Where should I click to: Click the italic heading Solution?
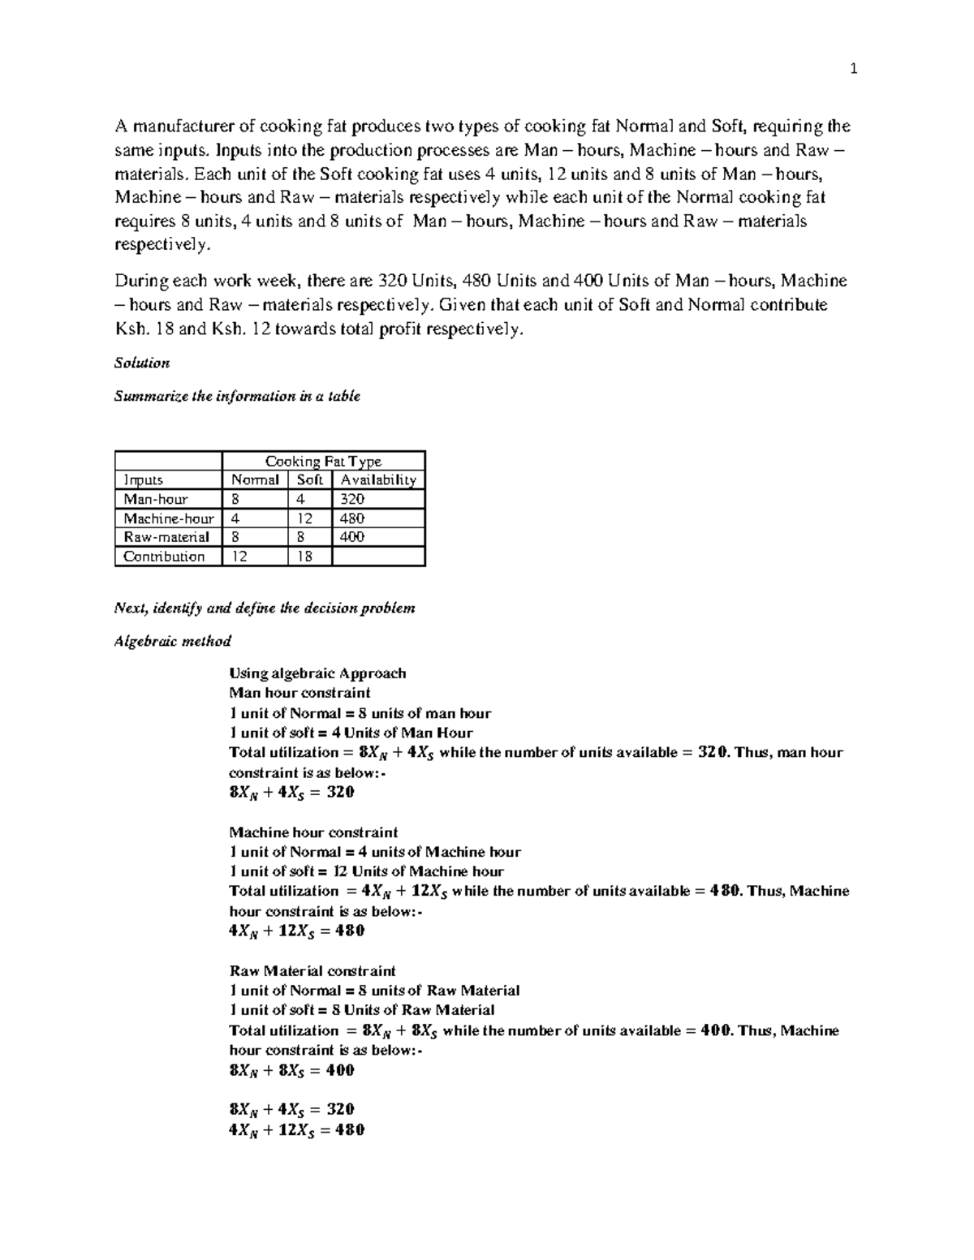pos(142,363)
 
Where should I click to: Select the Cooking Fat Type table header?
pos(323,461)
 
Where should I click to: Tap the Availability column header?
pos(377,479)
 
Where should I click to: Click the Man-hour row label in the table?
pos(155,499)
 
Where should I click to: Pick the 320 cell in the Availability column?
pos(352,499)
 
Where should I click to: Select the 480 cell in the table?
pos(352,518)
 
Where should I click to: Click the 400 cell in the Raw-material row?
pos(352,536)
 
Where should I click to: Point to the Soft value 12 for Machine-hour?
pos(305,518)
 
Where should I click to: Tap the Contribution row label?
pos(163,556)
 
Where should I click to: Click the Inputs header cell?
pos(143,479)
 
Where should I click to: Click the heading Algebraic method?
pos(173,641)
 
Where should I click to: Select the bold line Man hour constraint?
pos(300,693)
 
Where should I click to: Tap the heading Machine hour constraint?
pos(313,832)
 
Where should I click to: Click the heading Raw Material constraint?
pos(312,970)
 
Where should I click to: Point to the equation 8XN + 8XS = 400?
pos(292,1070)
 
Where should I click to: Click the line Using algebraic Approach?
pos(317,673)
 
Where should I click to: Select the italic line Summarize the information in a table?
pos(237,396)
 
